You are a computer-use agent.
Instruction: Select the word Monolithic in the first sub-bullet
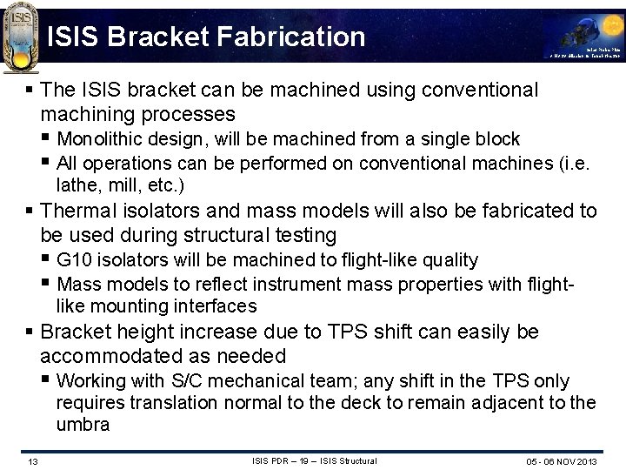98,139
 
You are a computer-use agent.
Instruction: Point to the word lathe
76,185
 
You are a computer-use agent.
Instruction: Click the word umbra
83,425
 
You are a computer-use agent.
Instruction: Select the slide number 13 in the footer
31,460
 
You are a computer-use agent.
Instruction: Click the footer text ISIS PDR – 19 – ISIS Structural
313,460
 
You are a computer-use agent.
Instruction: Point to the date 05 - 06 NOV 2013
561,460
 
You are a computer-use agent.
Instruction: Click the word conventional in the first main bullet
481,91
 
